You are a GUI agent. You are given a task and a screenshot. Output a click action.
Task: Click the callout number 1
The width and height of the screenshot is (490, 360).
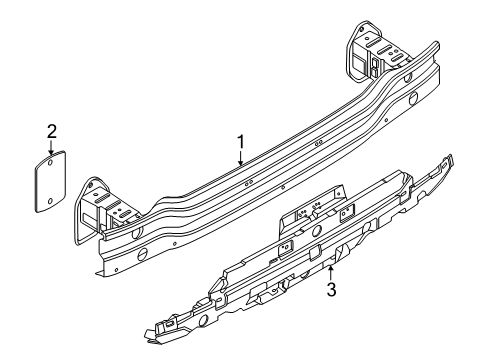click(241, 142)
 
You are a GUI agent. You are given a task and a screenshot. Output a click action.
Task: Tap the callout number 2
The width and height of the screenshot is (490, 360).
click(52, 131)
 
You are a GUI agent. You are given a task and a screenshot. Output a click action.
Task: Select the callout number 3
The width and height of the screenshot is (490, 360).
click(331, 289)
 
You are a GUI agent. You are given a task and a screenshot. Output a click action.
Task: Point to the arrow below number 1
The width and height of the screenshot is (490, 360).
click(241, 158)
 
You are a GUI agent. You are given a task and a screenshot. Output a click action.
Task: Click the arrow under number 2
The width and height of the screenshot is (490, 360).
click(51, 147)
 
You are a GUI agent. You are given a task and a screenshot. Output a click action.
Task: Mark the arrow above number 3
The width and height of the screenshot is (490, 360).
click(330, 273)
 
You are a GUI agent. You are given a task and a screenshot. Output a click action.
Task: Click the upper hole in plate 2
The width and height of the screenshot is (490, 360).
click(49, 163)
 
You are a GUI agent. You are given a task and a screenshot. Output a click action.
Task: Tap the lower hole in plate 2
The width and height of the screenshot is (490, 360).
click(50, 201)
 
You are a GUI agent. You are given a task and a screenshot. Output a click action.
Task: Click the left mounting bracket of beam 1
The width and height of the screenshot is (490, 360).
click(100, 208)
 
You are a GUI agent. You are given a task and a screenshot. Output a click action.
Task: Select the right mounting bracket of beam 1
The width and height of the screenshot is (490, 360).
click(373, 52)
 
